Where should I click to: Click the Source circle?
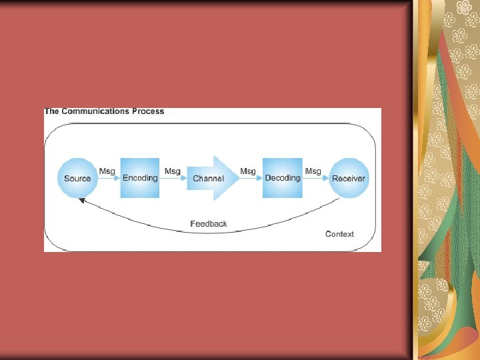[77, 178]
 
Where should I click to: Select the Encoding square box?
[140, 178]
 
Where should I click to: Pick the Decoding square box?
[283, 178]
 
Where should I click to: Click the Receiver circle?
[349, 178]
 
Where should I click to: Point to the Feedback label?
[209, 224]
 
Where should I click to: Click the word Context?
[339, 234]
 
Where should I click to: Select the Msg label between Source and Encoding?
[107, 171]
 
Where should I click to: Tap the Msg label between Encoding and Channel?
[173, 171]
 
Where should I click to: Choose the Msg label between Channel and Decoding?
[248, 171]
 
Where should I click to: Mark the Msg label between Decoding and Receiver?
[313, 171]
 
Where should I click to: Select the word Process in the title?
[148, 111]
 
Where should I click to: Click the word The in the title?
[51, 111]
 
